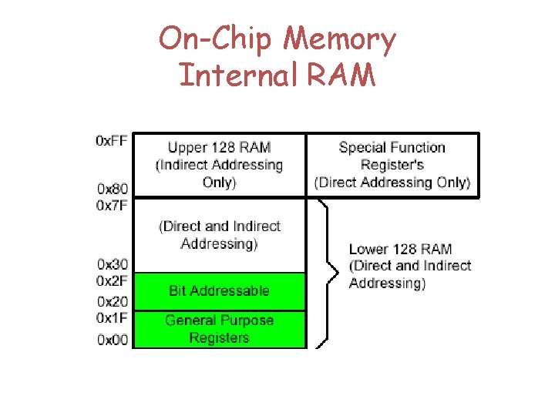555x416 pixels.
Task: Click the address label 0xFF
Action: tap(112, 140)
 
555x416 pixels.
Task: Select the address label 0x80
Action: tap(112, 189)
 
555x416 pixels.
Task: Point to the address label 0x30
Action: tap(112, 265)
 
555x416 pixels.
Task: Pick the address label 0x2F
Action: tap(112, 280)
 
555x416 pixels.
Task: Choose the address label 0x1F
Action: tap(112, 317)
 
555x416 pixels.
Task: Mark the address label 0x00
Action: tap(112, 340)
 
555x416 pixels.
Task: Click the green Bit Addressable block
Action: tap(219, 291)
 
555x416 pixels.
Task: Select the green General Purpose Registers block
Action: tap(219, 330)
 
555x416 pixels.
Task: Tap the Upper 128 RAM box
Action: tap(219, 165)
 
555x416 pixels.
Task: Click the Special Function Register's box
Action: tap(392, 165)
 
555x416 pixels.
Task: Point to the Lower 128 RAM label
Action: tap(409, 266)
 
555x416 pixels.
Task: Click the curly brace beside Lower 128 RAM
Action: tap(332, 272)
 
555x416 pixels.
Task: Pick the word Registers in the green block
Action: tap(219, 338)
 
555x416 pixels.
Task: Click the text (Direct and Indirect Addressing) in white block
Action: tap(219, 235)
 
